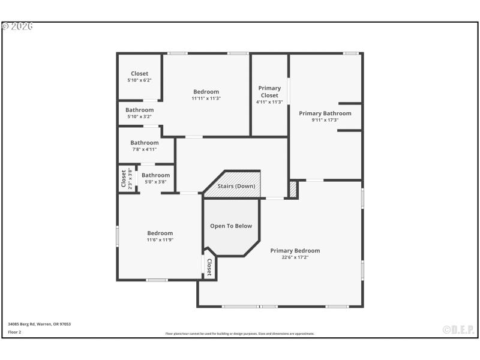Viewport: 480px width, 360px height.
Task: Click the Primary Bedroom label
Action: click(295, 251)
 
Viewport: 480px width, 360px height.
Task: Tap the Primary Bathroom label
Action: click(325, 113)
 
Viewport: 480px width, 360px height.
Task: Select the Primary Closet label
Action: click(269, 92)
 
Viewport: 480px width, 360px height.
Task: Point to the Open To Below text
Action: click(231, 226)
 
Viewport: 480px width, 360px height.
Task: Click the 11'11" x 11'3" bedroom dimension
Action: click(206, 98)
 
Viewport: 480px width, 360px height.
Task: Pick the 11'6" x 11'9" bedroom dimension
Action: click(160, 240)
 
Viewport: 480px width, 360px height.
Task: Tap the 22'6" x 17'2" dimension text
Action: click(295, 257)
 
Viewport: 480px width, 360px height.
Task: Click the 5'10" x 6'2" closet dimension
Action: click(139, 80)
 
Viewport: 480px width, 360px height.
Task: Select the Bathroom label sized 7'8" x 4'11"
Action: click(145, 143)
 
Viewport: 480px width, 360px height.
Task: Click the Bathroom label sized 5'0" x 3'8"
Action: click(155, 175)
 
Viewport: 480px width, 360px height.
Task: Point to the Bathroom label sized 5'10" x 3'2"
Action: click(139, 110)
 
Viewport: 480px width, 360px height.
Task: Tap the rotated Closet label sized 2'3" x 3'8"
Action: click(124, 179)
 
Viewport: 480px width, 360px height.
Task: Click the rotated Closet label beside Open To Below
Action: click(209, 268)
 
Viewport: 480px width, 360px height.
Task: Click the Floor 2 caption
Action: click(14, 332)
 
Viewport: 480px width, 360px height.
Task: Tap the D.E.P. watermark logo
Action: click(458, 329)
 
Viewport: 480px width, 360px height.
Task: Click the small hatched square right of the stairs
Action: click(293, 188)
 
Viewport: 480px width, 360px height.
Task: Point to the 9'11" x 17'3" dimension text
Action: click(325, 120)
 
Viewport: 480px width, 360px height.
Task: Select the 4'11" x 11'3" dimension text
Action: click(269, 102)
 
